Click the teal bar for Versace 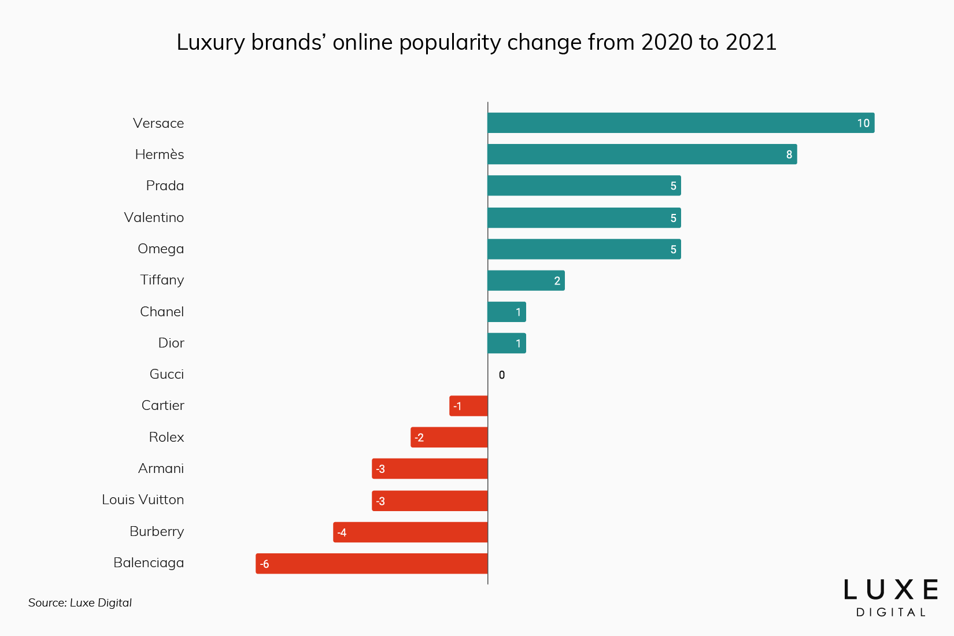point(681,123)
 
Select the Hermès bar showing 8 point(642,154)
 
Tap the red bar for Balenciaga point(372,564)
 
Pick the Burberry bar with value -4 point(411,532)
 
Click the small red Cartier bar point(469,406)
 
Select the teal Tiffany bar point(526,280)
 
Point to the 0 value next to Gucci point(501,375)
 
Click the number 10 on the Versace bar point(863,123)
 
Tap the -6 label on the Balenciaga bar point(265,564)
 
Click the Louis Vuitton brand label point(143,500)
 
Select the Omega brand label point(161,249)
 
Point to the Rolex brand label point(167,437)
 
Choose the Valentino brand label point(154,217)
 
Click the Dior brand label point(171,343)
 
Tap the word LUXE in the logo point(890,590)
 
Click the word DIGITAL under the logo point(890,612)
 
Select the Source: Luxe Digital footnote point(80,602)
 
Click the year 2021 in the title point(751,42)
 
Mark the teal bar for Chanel point(506,312)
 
